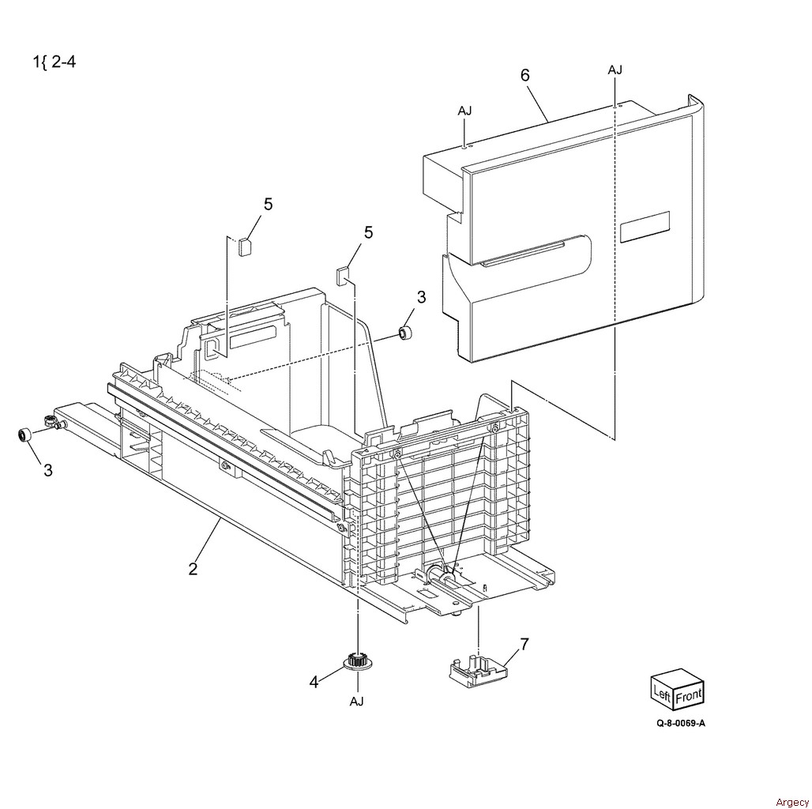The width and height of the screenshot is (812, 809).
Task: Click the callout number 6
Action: (x=525, y=76)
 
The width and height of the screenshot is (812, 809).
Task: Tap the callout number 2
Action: (x=194, y=569)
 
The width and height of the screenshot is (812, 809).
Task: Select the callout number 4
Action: (x=314, y=683)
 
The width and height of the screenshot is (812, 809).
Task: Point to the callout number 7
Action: (x=524, y=645)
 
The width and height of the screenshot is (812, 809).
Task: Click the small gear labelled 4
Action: (x=357, y=662)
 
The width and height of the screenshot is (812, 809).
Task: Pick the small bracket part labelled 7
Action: (x=477, y=672)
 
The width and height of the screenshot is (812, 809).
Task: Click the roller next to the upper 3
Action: (x=404, y=333)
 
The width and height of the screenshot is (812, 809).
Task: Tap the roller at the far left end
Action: (x=24, y=420)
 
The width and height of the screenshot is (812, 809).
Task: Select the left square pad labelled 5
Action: (x=244, y=246)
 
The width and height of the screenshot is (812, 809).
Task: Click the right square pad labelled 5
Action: (x=342, y=276)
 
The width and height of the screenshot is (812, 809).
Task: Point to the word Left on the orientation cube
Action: (x=663, y=692)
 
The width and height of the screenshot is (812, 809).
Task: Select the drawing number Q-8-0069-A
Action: (x=680, y=723)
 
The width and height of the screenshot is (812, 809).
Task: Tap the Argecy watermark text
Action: (x=791, y=802)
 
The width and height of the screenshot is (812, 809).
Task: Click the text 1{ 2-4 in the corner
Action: (x=55, y=62)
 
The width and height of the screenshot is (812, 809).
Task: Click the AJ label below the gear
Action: (x=357, y=702)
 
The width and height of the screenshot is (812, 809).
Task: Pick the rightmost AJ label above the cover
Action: (x=615, y=70)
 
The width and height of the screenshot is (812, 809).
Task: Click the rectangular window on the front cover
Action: (x=645, y=228)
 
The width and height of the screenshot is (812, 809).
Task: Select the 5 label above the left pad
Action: (x=268, y=205)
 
